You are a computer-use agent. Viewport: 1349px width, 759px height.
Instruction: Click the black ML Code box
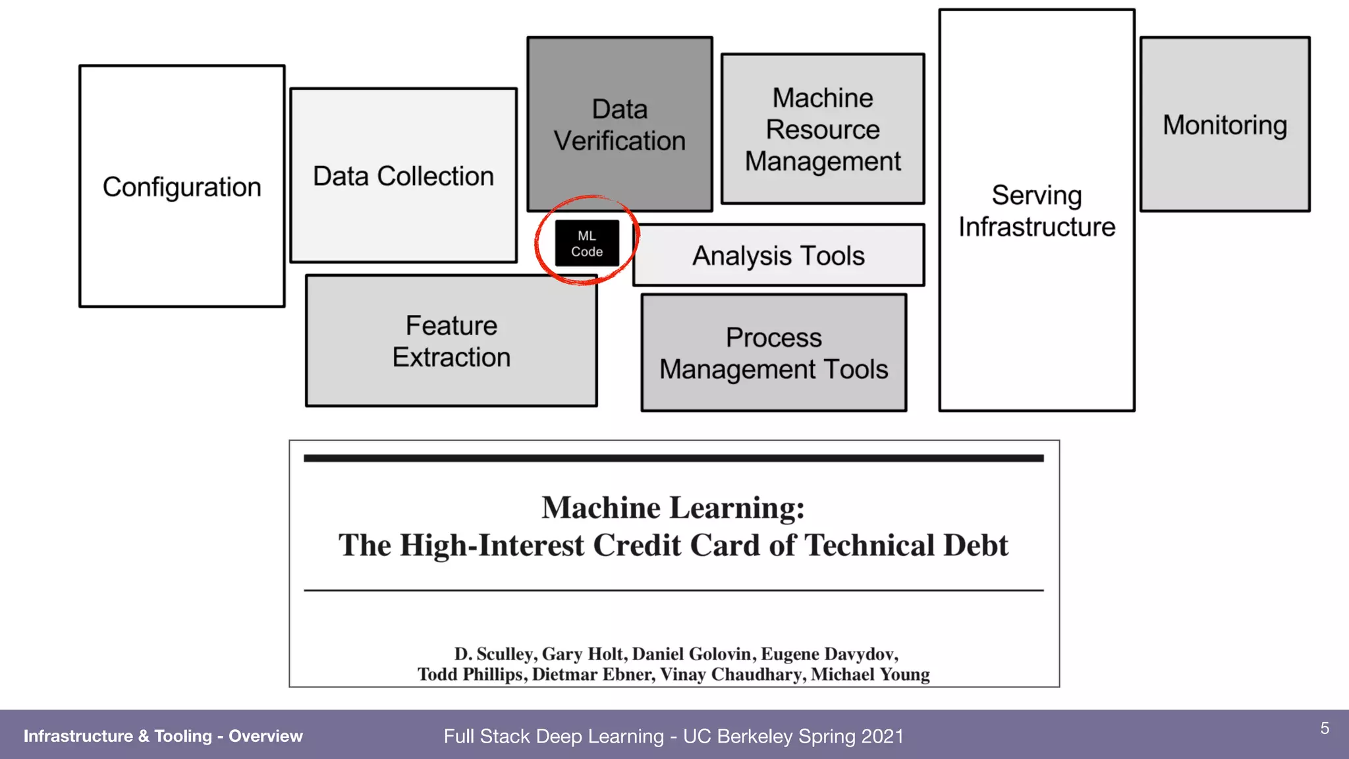[587, 243]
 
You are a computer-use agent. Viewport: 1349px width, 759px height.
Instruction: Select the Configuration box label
[182, 187]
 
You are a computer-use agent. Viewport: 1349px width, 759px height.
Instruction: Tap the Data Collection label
[403, 177]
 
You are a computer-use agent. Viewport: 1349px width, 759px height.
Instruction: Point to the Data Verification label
[620, 125]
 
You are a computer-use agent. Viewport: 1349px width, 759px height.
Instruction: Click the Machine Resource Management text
[823, 130]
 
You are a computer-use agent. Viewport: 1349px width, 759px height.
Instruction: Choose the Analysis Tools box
[779, 256]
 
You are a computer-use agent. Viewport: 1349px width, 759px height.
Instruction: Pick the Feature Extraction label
[451, 341]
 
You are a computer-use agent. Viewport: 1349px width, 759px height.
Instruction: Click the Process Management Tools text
[774, 354]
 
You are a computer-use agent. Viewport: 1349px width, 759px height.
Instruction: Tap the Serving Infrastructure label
[1037, 211]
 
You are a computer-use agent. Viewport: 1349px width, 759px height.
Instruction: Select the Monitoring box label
[1225, 125]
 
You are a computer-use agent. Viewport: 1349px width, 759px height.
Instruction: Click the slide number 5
[1325, 728]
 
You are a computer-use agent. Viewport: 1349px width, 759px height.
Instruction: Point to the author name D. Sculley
[493, 654]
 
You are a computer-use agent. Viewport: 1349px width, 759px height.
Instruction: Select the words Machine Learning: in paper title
[673, 508]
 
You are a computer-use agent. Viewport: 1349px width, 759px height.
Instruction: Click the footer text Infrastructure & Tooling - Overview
[163, 736]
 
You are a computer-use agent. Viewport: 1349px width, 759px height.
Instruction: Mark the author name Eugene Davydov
[829, 654]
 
